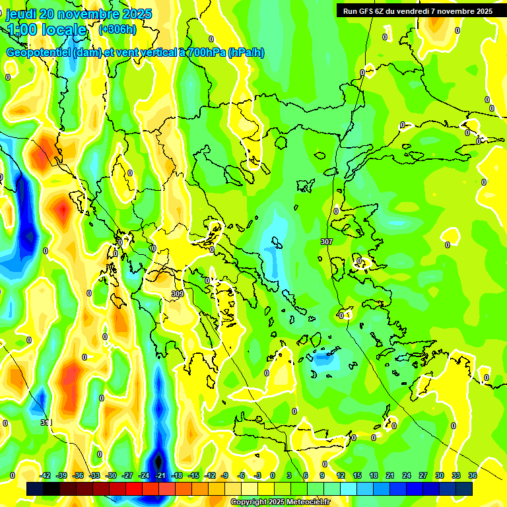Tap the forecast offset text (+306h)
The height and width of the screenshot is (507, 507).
tap(118, 29)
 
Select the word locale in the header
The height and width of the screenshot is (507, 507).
tap(64, 30)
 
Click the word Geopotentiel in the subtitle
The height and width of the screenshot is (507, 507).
tap(38, 52)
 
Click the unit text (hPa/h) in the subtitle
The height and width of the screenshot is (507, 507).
tap(246, 52)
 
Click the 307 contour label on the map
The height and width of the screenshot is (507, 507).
tap(326, 242)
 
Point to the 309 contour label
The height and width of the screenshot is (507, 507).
tap(177, 294)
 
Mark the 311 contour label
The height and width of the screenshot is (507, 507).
tap(46, 422)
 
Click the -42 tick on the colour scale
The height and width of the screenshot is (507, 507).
tap(45, 475)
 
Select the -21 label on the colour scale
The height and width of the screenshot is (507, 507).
tap(160, 475)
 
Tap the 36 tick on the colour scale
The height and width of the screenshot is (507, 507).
tap(473, 475)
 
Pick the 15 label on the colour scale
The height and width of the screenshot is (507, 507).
tap(356, 475)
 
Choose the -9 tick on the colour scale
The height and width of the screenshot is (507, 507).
tap(224, 475)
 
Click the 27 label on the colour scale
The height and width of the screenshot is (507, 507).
tap(423, 475)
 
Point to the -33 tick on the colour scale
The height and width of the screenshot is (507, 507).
tap(94, 475)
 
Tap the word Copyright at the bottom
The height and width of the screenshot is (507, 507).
tap(249, 502)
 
